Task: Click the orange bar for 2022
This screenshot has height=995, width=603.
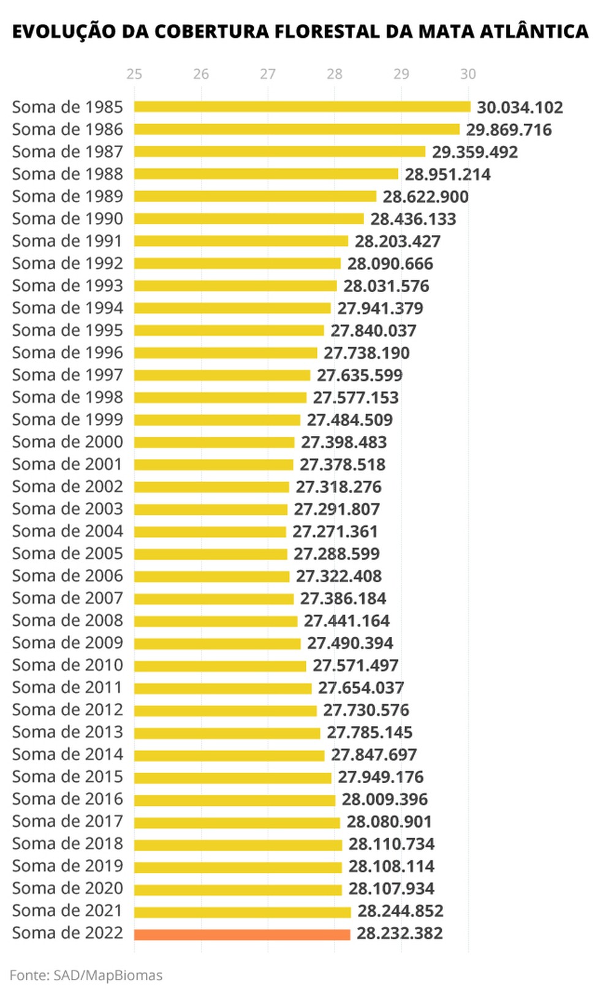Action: [x=242, y=934]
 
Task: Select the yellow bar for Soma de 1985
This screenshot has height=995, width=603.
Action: [x=302, y=107]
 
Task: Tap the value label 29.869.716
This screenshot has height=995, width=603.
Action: [x=509, y=130]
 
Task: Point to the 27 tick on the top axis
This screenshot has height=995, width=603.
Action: [x=268, y=74]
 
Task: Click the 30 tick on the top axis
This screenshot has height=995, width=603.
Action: [x=468, y=74]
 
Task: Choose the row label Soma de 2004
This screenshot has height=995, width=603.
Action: [x=67, y=531]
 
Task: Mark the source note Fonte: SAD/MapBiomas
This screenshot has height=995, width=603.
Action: [x=86, y=975]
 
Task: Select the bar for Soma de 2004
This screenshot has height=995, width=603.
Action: [x=210, y=532]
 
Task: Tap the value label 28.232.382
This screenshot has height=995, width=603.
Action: [x=400, y=934]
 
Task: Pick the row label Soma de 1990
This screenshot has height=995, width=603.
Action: [x=67, y=219]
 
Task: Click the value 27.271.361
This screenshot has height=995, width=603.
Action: [x=335, y=531]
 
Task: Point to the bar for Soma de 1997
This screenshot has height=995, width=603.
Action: [x=222, y=375]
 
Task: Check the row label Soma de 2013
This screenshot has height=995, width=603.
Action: [x=67, y=732]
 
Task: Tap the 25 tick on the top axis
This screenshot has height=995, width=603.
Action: [x=134, y=74]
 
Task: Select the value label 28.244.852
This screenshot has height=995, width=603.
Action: [x=400, y=911]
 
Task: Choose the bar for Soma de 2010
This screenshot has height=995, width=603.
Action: [x=220, y=666]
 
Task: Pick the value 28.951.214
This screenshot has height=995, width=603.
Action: [x=447, y=175]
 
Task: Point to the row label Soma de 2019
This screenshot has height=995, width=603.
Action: [x=67, y=866]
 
